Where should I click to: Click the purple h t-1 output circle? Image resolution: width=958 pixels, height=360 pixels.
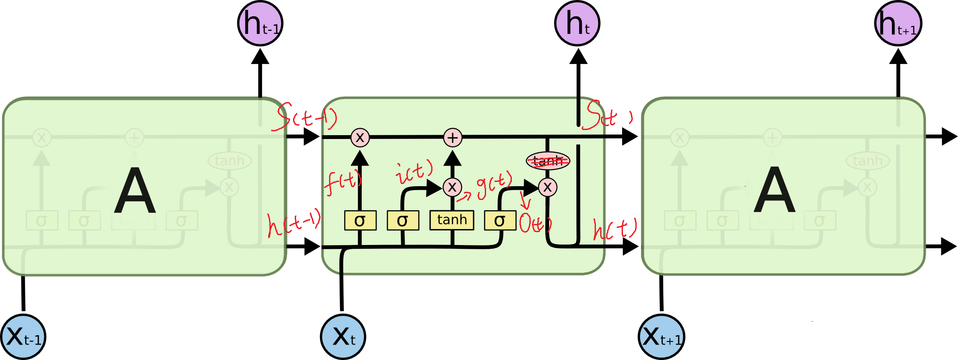(x=260, y=24)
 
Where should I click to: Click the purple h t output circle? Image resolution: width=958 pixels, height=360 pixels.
(x=577, y=24)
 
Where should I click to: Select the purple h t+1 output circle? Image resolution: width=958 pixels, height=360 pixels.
(x=898, y=24)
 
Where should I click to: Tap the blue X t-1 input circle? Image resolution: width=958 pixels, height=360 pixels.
(x=23, y=337)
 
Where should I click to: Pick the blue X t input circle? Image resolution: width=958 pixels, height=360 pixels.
(x=343, y=337)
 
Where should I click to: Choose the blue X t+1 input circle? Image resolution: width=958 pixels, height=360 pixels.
(x=661, y=337)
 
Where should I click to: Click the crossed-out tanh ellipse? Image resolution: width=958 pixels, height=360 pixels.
(x=548, y=161)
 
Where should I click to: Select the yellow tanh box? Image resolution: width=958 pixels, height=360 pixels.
(x=452, y=220)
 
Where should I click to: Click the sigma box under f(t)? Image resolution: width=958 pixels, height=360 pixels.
(x=360, y=221)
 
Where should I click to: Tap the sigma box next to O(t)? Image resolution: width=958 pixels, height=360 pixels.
(x=500, y=221)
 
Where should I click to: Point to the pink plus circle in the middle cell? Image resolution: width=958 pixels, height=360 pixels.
(x=453, y=138)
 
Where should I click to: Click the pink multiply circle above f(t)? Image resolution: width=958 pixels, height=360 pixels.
(x=360, y=138)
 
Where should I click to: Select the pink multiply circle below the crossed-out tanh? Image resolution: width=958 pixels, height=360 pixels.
(x=547, y=187)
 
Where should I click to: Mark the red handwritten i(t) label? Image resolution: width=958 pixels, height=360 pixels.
(x=414, y=172)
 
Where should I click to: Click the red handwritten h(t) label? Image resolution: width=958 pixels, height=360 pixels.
(x=614, y=228)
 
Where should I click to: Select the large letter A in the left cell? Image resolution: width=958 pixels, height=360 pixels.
(x=135, y=191)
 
